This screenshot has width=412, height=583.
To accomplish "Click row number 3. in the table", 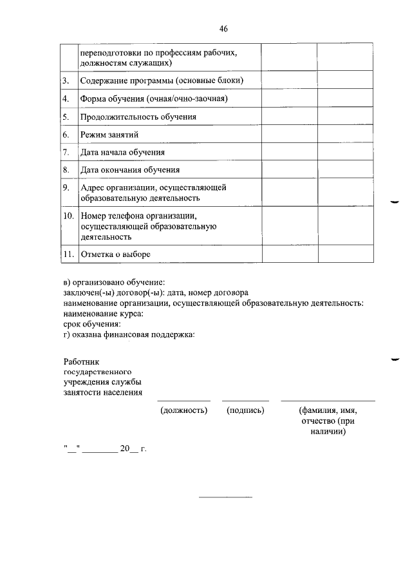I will coord(66,81).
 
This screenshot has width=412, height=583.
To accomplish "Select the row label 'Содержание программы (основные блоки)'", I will coord(161,81).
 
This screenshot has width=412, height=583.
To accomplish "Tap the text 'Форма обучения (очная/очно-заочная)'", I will coord(154,99).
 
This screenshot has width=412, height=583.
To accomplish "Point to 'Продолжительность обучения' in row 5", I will coord(138,117).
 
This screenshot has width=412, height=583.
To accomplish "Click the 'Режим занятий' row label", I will coord(109,135).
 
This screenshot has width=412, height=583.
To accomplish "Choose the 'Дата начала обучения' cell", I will coord(122,153).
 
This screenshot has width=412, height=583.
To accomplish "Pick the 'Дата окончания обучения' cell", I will coord(129,170).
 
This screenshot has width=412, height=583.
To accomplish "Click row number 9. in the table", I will coord(66,187).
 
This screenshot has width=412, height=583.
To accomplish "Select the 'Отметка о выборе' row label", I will coord(115,254).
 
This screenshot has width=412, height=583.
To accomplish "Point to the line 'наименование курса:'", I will coord(103,314).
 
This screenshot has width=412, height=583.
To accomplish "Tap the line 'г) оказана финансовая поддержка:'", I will coord(129,334).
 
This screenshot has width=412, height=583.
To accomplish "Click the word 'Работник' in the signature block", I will coord(81,363).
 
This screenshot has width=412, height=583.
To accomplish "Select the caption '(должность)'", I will coord(183,410).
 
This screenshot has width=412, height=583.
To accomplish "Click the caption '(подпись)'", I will coord(246,410).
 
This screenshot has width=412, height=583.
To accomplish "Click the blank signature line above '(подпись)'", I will coord(246,400).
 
